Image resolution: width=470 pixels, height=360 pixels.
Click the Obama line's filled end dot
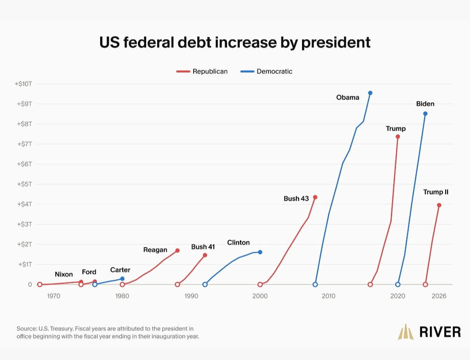point(370,93)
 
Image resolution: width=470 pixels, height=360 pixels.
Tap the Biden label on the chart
point(425,104)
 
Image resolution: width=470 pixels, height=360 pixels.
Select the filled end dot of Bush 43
point(315,197)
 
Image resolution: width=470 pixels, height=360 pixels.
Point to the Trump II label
point(436,192)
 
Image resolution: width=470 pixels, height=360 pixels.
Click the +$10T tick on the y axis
point(23,84)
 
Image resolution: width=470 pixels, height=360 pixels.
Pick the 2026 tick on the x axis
point(439,296)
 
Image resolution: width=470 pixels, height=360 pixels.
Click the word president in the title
point(336,43)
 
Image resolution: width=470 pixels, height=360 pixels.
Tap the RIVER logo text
point(440,332)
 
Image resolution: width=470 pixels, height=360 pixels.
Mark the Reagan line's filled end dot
point(178,250)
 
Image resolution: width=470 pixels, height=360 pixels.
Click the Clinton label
point(238,243)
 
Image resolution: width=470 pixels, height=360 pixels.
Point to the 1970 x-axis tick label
point(54,296)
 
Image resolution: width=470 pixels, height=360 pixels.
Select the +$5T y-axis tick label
point(24,184)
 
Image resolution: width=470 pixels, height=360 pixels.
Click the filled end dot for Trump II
point(439,205)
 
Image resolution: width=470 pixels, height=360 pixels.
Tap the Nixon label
point(64,274)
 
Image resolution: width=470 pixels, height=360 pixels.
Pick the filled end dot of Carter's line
point(122,279)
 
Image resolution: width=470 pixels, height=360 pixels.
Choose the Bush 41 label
point(203,247)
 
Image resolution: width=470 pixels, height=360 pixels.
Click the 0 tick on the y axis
point(30,284)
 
